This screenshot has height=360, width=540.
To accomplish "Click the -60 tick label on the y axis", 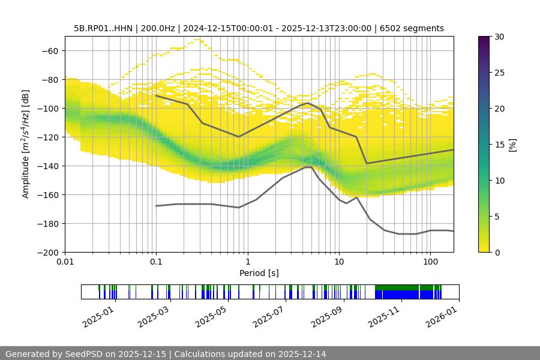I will [x=49, y=50].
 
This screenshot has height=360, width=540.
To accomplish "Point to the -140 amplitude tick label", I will [x=46, y=166].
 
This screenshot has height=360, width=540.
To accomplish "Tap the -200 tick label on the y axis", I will [x=46, y=252].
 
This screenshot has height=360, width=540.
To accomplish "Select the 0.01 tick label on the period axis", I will [x=65, y=261].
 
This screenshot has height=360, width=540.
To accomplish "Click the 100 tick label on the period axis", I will [x=430, y=261].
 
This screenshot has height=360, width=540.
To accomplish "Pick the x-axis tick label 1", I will [x=247, y=261].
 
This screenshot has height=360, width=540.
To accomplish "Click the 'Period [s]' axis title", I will [x=259, y=273].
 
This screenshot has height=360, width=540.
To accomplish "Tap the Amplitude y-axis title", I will [x=25, y=144].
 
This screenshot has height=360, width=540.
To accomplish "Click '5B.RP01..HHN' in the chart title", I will [x=103, y=28].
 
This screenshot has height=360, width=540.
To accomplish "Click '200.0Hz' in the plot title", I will [x=157, y=28].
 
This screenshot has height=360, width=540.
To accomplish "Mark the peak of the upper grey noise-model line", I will [x=308, y=103].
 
